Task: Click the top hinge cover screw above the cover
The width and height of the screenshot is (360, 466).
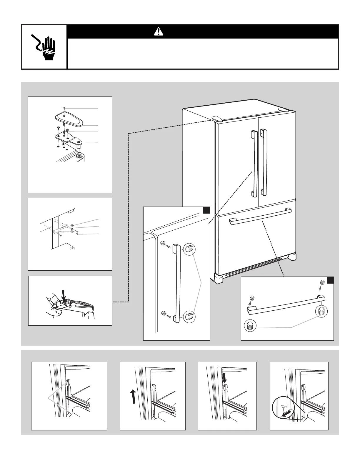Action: [x=64, y=109]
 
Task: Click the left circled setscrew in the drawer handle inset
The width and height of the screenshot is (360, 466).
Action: [x=250, y=326]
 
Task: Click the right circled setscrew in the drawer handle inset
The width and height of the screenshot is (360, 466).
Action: [x=321, y=311]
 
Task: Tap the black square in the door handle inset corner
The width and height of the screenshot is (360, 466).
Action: [x=206, y=210]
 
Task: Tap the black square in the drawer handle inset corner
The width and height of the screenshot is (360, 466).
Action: [x=330, y=280]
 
